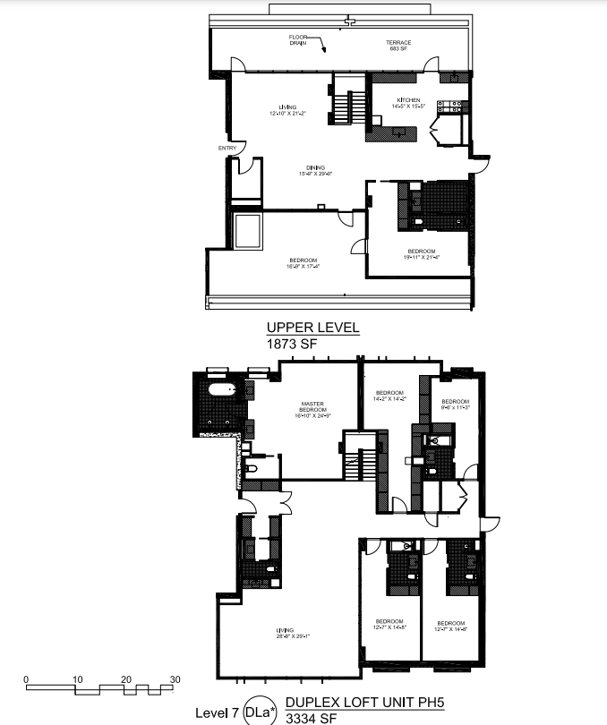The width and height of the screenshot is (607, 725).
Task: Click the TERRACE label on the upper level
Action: click(398, 42)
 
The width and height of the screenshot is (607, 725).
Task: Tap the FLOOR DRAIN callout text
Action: click(298, 39)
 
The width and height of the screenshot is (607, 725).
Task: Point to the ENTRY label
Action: click(227, 148)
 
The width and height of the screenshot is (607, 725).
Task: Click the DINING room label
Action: click(315, 168)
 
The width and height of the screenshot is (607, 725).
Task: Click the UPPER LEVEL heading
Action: click(312, 328)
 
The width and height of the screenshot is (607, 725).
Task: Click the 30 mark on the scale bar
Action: click(175, 679)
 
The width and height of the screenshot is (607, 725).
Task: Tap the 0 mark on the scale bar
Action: click(27, 679)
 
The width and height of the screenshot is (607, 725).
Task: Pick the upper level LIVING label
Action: click(287, 107)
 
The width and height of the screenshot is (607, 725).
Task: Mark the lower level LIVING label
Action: click(285, 630)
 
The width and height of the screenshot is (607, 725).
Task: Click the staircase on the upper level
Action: click(345, 100)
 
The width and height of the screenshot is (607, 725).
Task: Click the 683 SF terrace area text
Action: click(398, 48)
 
